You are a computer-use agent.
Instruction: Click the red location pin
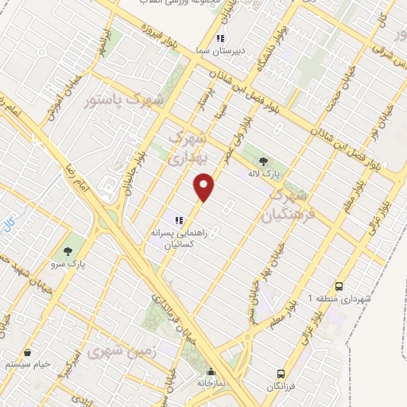pyautogui.click(x=205, y=188)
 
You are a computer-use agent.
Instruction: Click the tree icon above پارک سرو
pyautogui.click(x=77, y=240)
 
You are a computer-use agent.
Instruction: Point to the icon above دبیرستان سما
pyautogui.click(x=221, y=37)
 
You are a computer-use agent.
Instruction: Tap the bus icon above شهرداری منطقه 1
pyautogui.click(x=339, y=286)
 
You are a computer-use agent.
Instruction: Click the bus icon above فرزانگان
pyautogui.click(x=281, y=373)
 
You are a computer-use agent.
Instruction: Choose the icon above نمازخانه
pyautogui.click(x=211, y=371)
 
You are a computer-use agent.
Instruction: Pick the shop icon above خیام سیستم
pyautogui.click(x=28, y=352)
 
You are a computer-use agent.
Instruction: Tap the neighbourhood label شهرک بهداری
pyautogui.click(x=189, y=146)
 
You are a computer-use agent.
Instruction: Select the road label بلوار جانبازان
pyautogui.click(x=129, y=177)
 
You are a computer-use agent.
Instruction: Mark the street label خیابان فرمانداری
pyautogui.click(x=173, y=311)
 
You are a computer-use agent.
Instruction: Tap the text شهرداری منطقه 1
pyautogui.click(x=340, y=300)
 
